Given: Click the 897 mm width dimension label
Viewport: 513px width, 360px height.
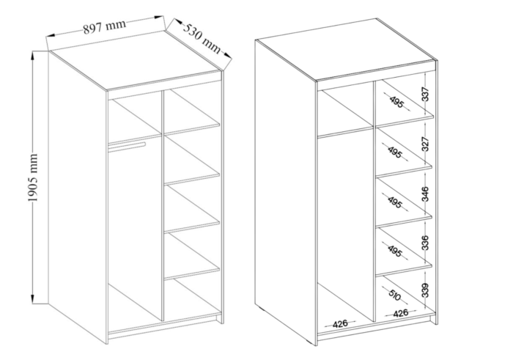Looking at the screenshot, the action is (104, 27).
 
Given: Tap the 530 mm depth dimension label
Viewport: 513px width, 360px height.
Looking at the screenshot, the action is (202, 37).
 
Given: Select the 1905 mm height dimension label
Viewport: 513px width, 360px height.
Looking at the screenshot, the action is (33, 177).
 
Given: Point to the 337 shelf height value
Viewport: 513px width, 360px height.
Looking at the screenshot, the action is (424, 95).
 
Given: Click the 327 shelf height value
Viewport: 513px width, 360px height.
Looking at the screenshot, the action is (424, 144).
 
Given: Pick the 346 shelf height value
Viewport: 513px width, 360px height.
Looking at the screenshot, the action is (424, 194).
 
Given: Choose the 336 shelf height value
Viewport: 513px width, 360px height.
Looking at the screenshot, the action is (424, 243).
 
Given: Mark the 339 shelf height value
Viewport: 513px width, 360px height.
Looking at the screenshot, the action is (424, 290).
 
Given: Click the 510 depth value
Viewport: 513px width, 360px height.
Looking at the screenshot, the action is (395, 295).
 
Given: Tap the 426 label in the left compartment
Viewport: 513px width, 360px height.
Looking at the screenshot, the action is (340, 324).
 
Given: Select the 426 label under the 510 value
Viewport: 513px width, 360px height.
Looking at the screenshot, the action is (400, 313).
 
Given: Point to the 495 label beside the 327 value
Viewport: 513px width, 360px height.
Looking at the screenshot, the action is (394, 152).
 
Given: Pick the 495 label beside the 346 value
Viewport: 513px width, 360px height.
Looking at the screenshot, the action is (394, 202).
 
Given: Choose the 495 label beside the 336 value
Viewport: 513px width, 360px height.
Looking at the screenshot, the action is (394, 250).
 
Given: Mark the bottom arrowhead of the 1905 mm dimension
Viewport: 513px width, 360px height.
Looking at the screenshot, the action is (32, 299).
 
